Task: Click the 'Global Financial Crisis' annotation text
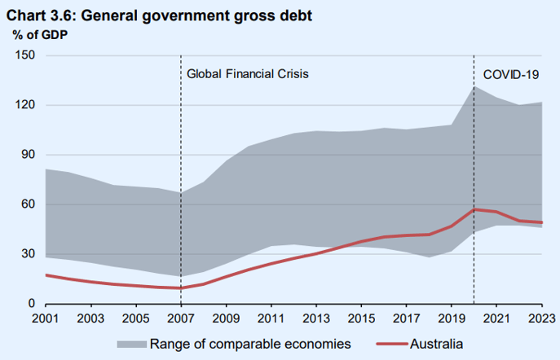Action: coord(248,74)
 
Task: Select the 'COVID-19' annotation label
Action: coord(511,74)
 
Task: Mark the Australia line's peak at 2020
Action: coord(474,209)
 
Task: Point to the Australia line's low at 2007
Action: coord(180,288)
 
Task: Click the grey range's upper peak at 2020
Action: coord(474,86)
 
